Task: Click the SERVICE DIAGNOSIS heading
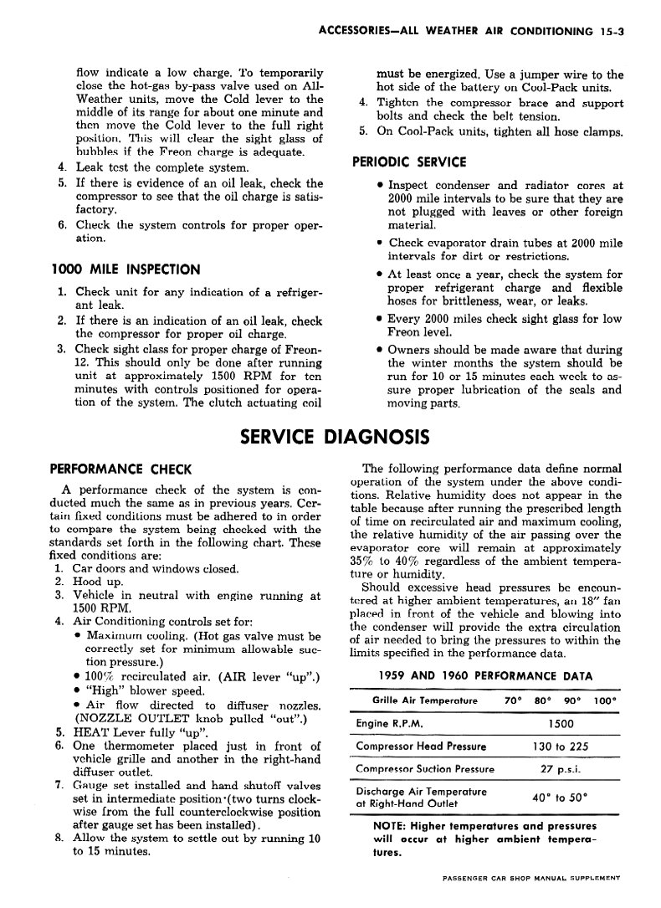tap(335, 437)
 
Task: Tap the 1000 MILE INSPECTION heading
tap(126, 269)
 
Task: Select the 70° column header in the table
tap(514, 700)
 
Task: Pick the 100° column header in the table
tap(602, 700)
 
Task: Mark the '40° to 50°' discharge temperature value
tap(560, 797)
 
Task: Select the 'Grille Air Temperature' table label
tap(424, 700)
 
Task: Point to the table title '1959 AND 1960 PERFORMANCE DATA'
tap(485, 675)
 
